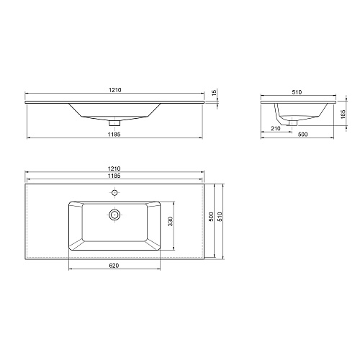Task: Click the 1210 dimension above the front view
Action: pos(115,90)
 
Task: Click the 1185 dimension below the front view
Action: pos(114,135)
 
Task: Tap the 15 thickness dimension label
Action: pos(215,91)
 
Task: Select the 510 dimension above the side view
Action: pos(297,92)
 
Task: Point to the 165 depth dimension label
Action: pos(343,114)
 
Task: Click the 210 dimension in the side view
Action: pos(276,129)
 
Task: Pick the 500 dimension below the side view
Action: pos(302,135)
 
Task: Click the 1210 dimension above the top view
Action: pos(114,168)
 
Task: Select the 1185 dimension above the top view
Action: pos(114,176)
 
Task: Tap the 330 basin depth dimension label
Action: pos(170,222)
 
